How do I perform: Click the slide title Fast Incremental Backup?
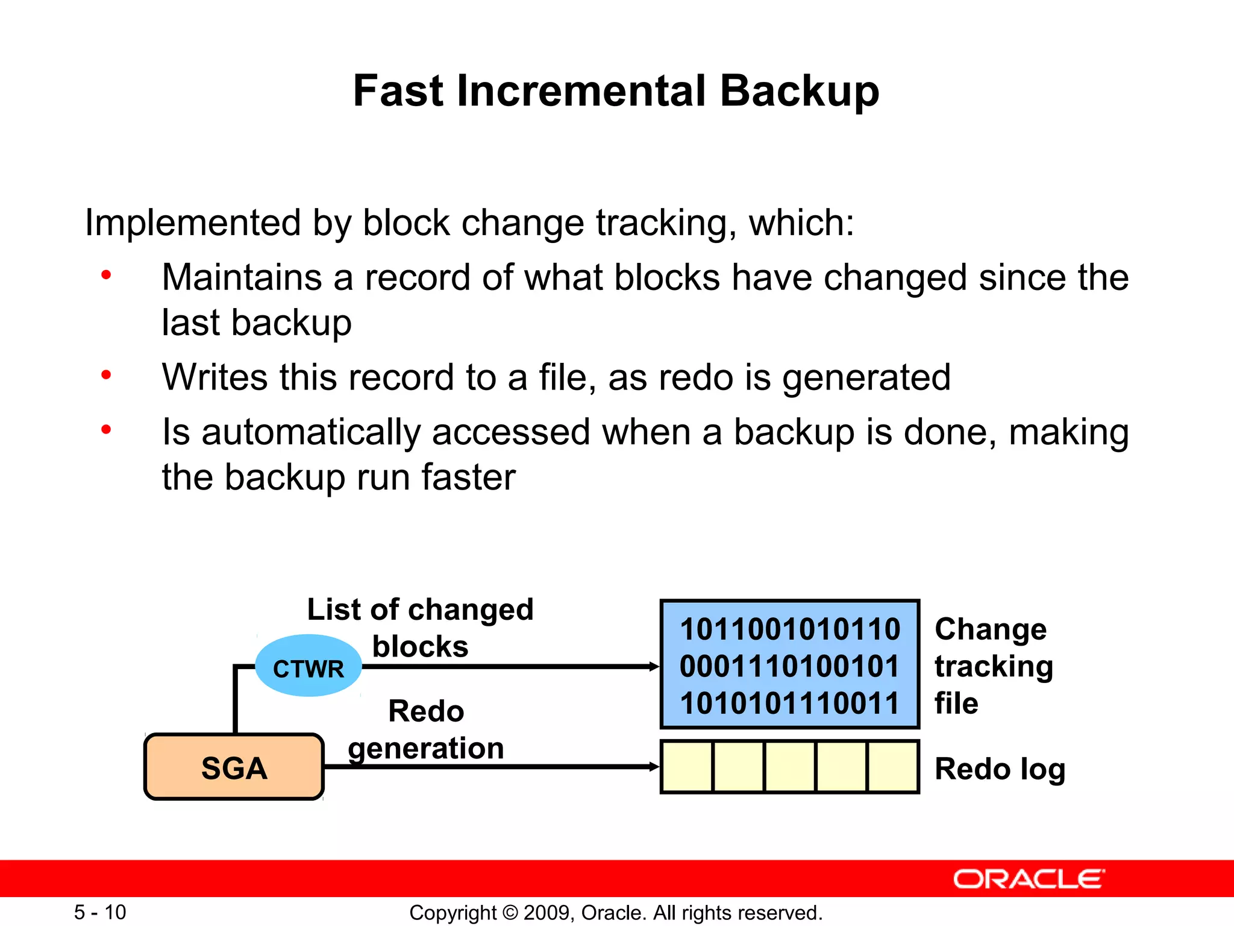(x=616, y=91)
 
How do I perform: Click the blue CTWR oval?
(x=308, y=666)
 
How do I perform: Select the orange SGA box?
(x=234, y=767)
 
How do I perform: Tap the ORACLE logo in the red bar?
(x=1029, y=879)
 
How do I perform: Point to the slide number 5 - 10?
(x=100, y=912)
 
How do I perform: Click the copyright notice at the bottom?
(x=616, y=913)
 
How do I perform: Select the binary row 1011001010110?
(x=790, y=629)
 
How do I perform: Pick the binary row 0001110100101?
(x=790, y=666)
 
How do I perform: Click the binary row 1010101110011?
(x=790, y=703)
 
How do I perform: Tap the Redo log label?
(x=1000, y=769)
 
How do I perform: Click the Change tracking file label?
(x=993, y=666)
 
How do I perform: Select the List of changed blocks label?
(x=421, y=627)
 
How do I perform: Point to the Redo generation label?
(x=426, y=729)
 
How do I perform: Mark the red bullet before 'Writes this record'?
(x=106, y=376)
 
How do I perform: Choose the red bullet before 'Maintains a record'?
(x=106, y=276)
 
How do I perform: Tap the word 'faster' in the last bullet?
(x=468, y=477)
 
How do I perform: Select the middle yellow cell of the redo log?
(x=790, y=767)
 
